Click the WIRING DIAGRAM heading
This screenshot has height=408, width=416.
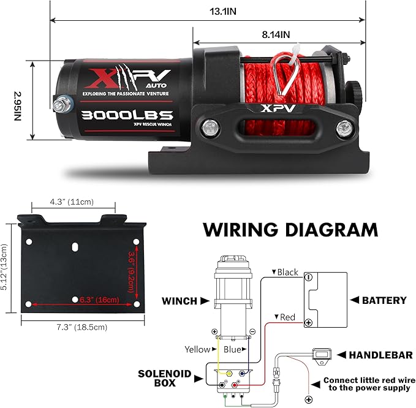pyautogui.click(x=290, y=230)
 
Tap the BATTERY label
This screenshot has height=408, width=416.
pyautogui.click(x=384, y=300)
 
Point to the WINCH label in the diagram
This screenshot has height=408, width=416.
pyautogui.click(x=179, y=301)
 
